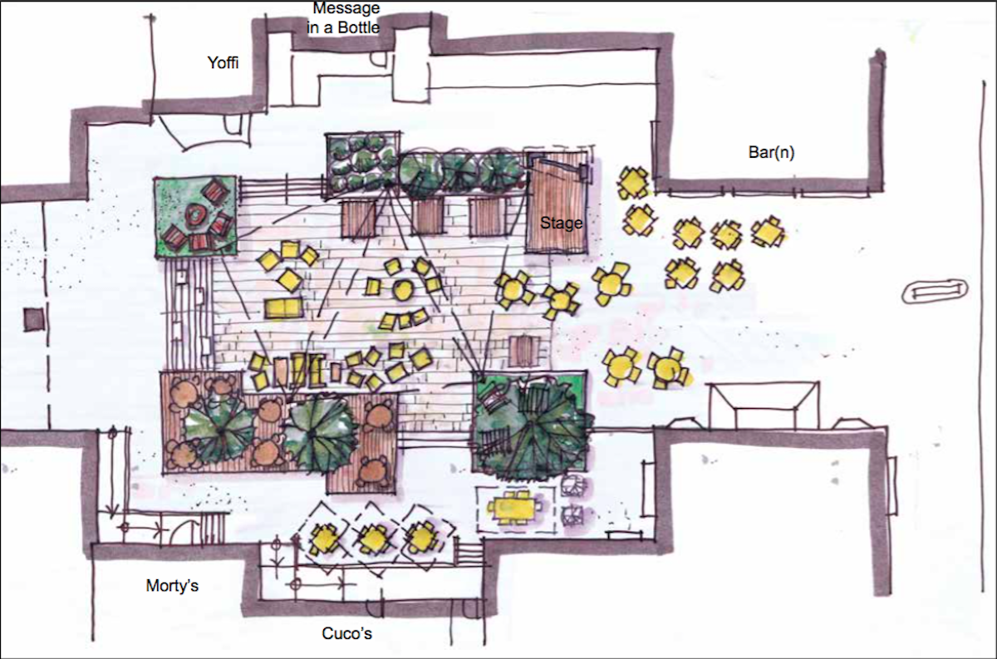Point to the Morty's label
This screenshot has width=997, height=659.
coord(172,585)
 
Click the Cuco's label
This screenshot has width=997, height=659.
coord(346,634)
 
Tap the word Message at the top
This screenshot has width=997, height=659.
coord(346,9)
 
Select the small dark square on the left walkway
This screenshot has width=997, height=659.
coord(33,318)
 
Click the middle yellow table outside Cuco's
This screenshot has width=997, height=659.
coord(373,539)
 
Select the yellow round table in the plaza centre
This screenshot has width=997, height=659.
coord(402,291)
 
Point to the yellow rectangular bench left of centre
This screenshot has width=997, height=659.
coord(283,308)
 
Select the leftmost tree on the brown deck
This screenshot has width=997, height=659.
coord(218,428)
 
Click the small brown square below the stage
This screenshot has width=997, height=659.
coord(523,350)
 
